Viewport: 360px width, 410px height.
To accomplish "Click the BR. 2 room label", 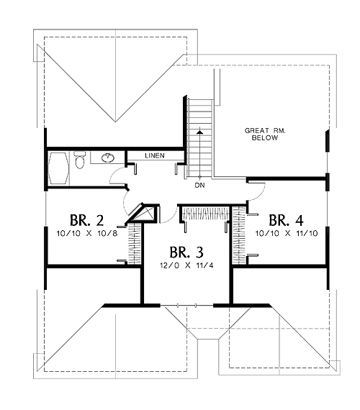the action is [87, 220].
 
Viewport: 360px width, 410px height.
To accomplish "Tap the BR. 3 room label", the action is [186, 252].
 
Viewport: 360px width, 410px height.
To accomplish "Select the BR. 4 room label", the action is [286, 220].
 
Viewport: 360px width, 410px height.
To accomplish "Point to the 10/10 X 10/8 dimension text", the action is [87, 233].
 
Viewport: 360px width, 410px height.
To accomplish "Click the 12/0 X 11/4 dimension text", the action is [186, 265].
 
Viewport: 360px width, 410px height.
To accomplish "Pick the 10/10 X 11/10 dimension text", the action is [287, 233].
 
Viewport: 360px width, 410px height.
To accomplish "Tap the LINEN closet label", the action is [155, 155].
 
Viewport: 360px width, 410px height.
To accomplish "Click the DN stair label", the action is [199, 186].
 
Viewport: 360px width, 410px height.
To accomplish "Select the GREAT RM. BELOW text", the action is [265, 134].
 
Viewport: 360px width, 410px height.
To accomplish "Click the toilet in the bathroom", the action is [80, 160].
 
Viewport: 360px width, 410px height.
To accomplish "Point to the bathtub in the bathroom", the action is [59, 168].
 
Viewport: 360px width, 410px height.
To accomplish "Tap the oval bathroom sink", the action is [108, 158].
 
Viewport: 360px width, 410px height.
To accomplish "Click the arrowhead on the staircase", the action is [200, 132].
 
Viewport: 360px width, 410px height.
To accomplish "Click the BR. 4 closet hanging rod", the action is [239, 235].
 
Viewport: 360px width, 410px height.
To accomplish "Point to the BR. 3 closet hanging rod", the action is [206, 214].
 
